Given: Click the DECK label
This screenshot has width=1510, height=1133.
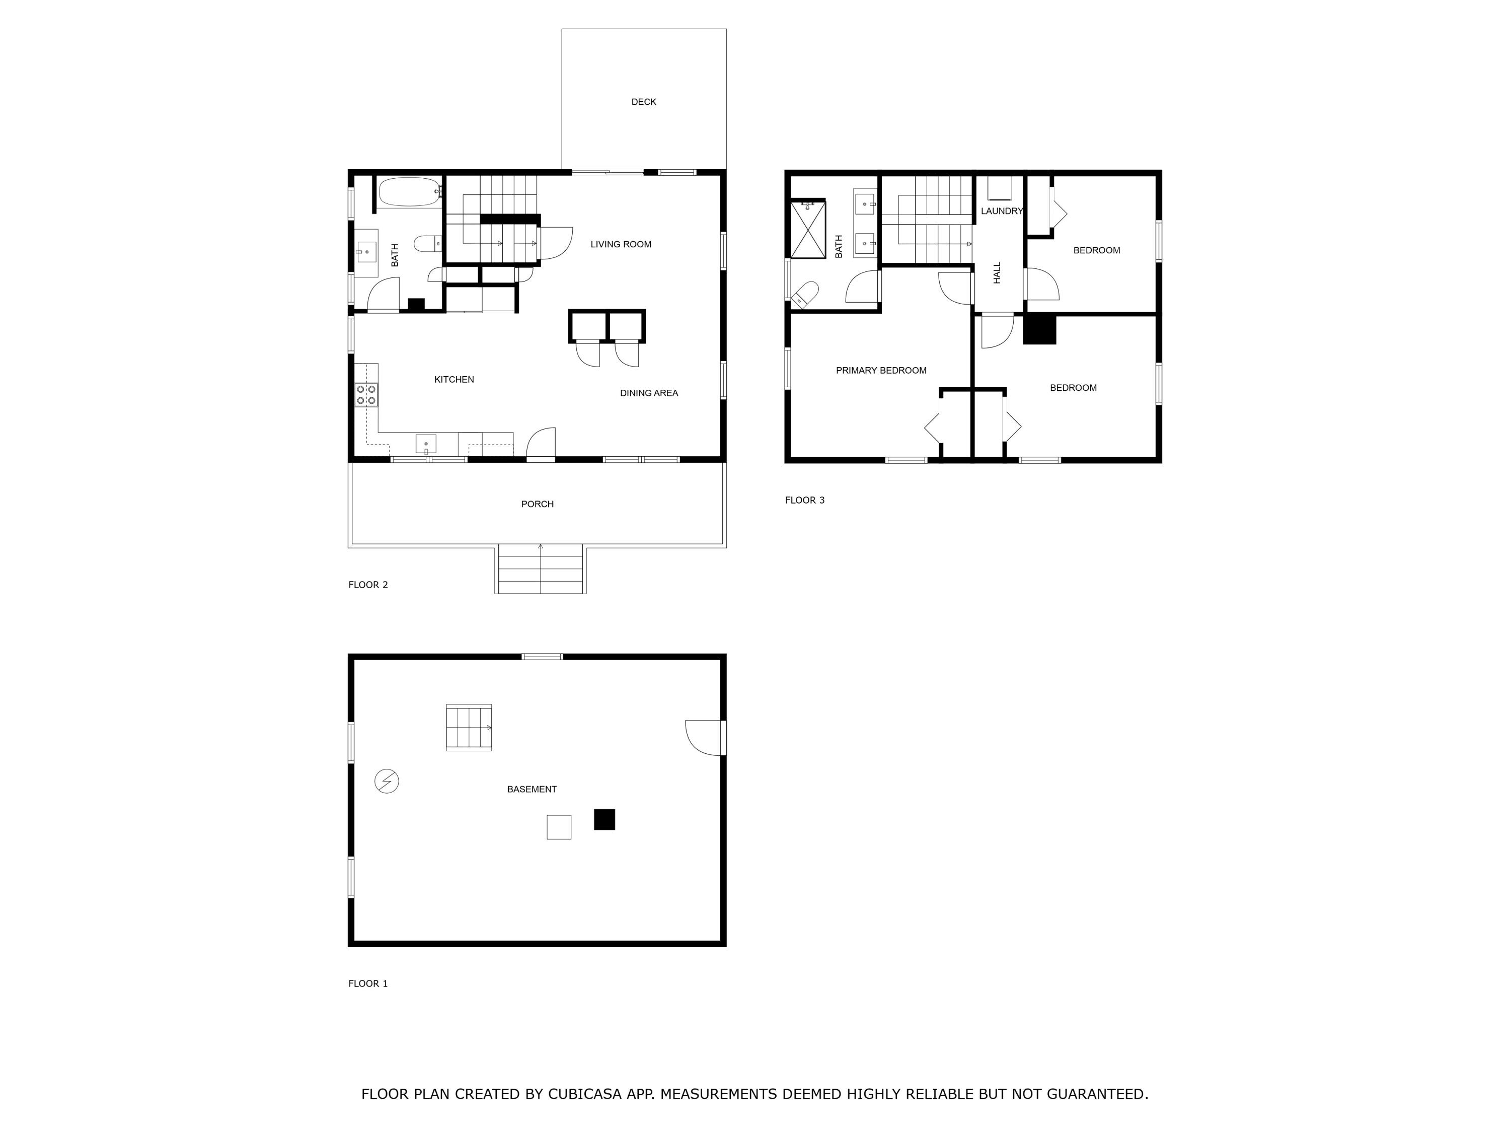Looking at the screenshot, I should pos(643,102).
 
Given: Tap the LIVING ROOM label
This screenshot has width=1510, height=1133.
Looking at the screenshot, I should pos(621,244).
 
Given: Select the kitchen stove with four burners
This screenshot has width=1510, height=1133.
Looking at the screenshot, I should pos(366,395).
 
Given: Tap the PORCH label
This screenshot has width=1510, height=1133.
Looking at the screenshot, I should pos(537,504).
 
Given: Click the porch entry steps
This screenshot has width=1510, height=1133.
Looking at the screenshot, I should pos(540,569).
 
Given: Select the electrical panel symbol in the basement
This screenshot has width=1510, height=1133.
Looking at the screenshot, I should pos(387,781).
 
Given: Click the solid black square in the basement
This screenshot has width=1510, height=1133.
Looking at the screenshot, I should pos(604,819).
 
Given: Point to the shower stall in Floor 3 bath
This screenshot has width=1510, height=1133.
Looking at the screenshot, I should pos(808,230).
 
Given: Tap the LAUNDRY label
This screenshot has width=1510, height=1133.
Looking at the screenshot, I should pos(1002,211).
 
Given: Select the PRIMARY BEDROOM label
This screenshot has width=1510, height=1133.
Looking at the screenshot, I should pos(881,370).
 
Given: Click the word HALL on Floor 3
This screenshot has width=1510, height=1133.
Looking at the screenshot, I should pos(997,272).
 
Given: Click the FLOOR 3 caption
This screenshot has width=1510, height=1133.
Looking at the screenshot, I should pos(804,500).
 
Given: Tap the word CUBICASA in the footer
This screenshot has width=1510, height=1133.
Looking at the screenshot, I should pos(584,1094).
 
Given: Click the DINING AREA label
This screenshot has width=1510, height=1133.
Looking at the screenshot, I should pos(648,393).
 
